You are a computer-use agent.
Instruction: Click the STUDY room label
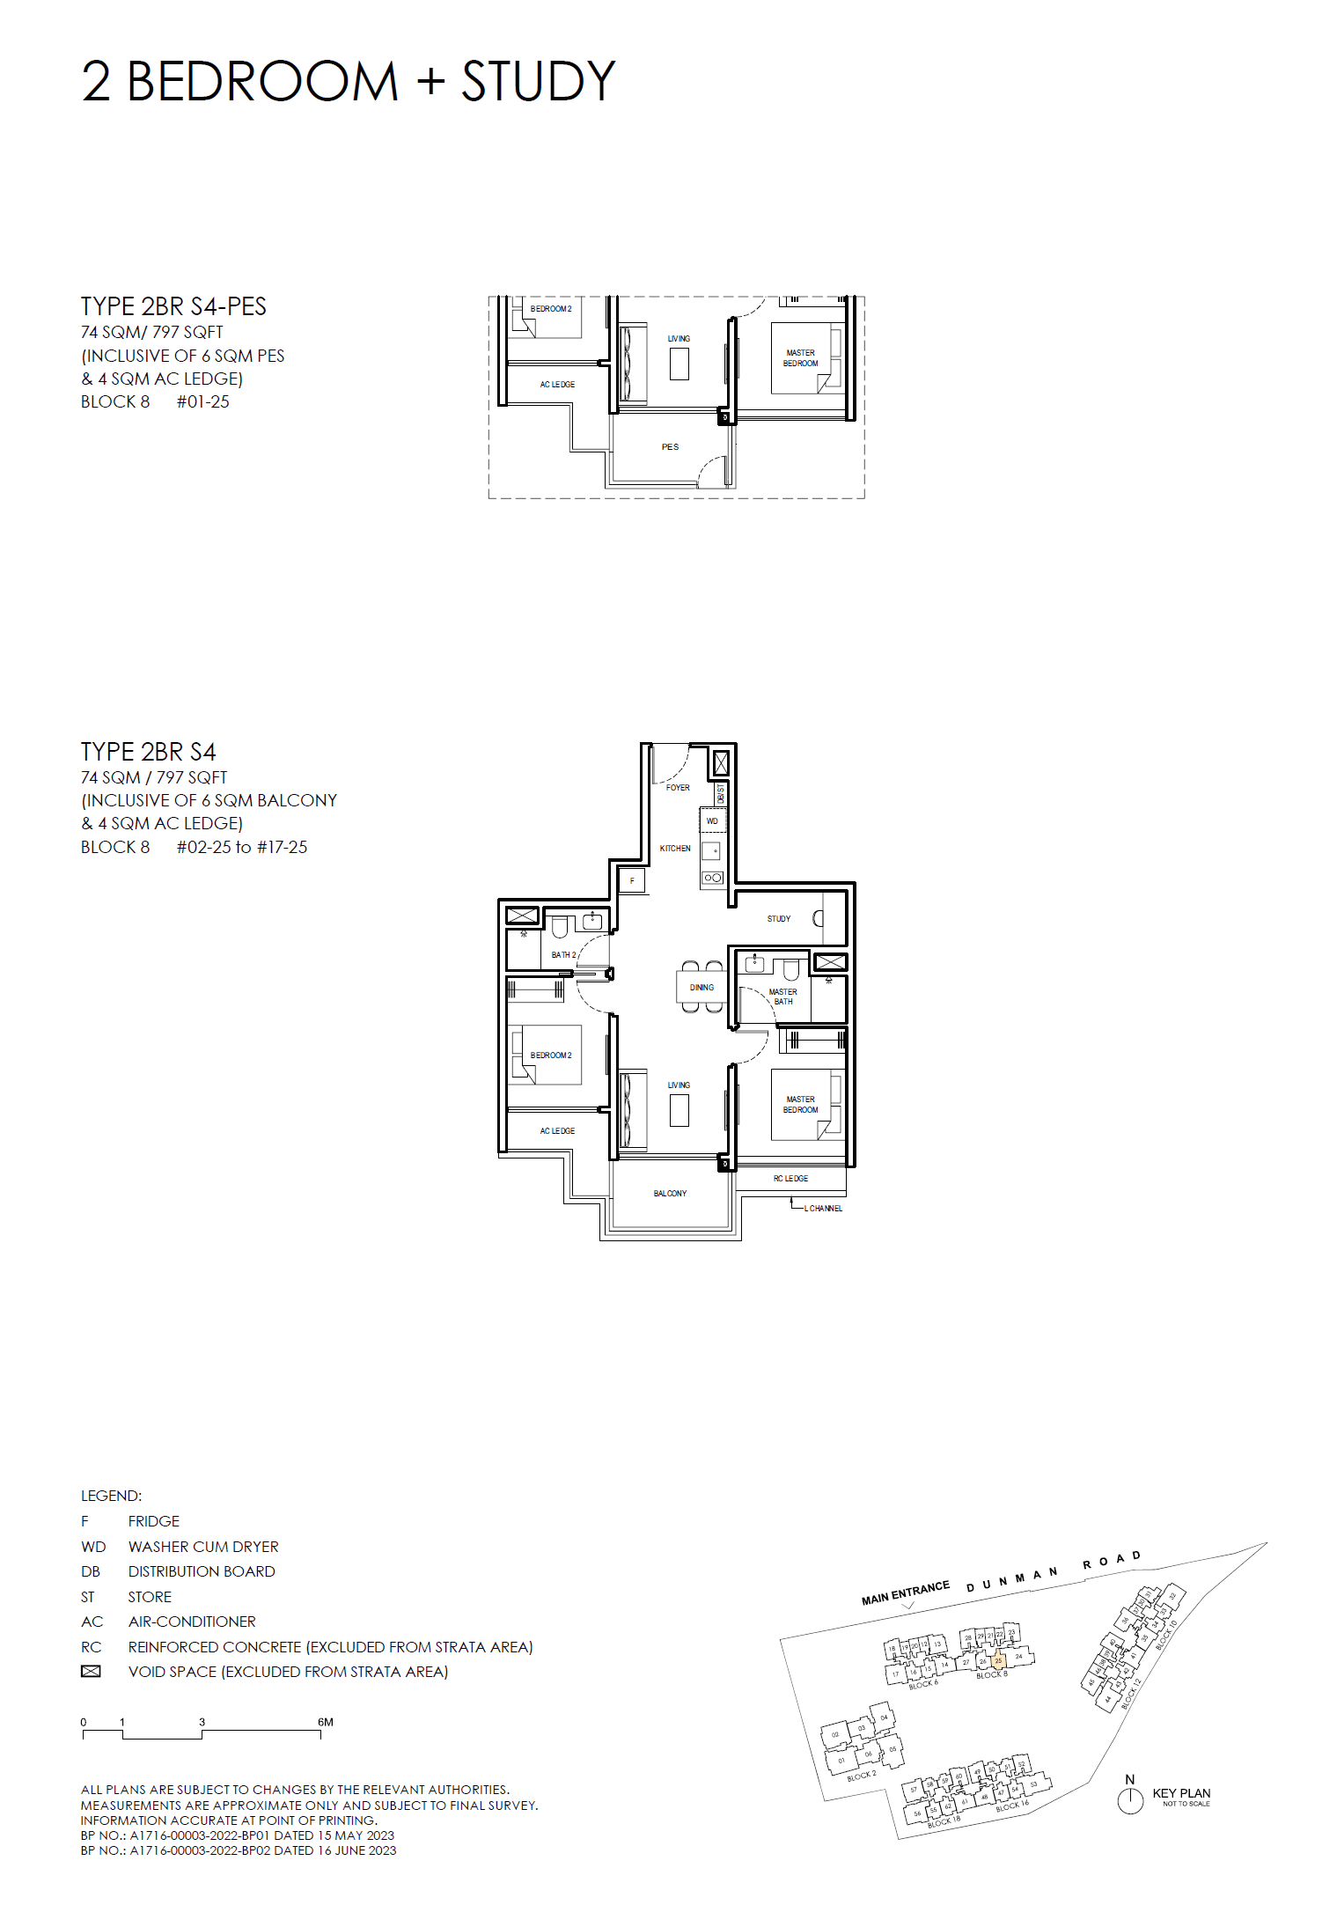(x=778, y=919)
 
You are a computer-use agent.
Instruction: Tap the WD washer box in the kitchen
(x=712, y=821)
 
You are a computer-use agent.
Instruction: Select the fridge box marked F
(x=632, y=880)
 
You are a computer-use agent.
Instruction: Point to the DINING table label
(x=702, y=988)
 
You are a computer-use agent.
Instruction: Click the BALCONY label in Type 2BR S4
(x=670, y=1194)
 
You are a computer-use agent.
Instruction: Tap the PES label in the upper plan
(x=670, y=447)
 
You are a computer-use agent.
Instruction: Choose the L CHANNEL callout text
(x=823, y=1209)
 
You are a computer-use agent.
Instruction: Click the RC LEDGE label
(x=790, y=1179)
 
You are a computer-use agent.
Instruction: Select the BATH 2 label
(x=563, y=955)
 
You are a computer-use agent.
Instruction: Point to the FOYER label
(x=678, y=788)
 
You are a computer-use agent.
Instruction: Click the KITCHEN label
(x=675, y=849)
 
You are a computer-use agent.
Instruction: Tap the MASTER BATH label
(x=782, y=997)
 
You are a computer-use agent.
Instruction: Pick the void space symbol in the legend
(x=91, y=1672)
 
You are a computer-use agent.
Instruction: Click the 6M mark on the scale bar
(x=325, y=1722)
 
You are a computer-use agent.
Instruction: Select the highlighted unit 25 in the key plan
(x=998, y=1661)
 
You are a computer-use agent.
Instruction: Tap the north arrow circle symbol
(x=1130, y=1801)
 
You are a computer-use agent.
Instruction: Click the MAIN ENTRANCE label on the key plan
(x=905, y=1592)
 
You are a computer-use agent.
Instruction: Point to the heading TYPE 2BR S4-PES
(x=173, y=306)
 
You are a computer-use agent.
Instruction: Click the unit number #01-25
(x=202, y=402)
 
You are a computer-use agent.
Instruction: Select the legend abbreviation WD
(x=93, y=1547)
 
